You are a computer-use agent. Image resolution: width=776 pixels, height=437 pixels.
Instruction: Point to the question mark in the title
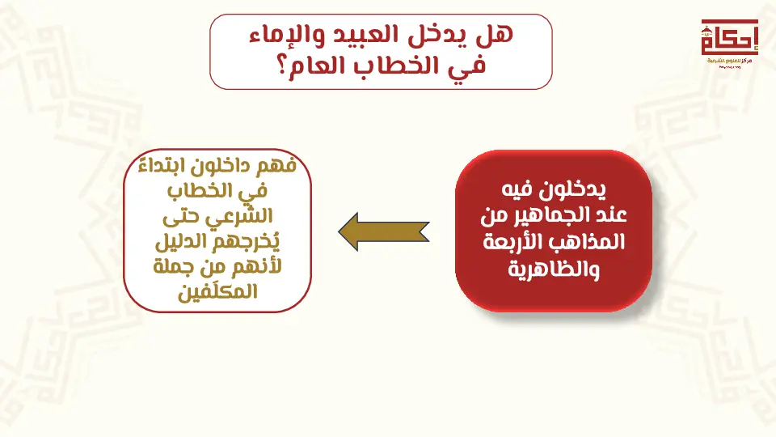click(x=281, y=66)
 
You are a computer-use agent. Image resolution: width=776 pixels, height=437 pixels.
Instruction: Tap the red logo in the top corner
click(x=729, y=41)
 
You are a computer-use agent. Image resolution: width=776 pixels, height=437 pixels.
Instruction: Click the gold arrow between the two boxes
click(x=383, y=231)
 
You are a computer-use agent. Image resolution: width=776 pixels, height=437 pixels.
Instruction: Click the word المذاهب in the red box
click(x=597, y=242)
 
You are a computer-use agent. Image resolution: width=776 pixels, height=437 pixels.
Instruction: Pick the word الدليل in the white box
click(x=179, y=242)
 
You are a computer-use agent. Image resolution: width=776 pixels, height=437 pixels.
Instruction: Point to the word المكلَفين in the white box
click(x=217, y=291)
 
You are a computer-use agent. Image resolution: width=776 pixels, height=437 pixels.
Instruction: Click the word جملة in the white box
click(x=169, y=267)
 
